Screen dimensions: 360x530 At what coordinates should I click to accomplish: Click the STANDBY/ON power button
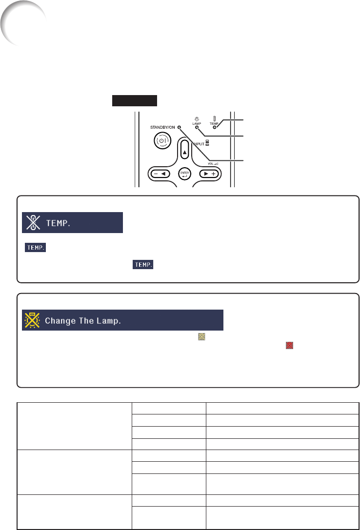(x=162, y=140)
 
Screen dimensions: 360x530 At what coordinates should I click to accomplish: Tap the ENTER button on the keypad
(x=184, y=174)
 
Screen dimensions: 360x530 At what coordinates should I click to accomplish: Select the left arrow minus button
(x=160, y=174)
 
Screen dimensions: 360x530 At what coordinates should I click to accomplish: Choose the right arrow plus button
(x=209, y=174)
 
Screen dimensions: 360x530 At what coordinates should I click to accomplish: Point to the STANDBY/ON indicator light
(x=179, y=127)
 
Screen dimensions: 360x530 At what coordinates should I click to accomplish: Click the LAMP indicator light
(x=197, y=127)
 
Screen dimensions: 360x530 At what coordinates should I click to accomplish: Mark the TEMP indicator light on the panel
(x=214, y=127)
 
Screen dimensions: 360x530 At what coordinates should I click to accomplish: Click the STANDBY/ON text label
(x=162, y=127)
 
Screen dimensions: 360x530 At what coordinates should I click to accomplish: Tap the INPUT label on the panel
(x=199, y=144)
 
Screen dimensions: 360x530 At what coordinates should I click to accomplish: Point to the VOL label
(x=211, y=164)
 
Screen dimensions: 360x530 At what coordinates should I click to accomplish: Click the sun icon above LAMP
(x=197, y=119)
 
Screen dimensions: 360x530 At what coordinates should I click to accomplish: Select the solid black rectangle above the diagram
(x=135, y=101)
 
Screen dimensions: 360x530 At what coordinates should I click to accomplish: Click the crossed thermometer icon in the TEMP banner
(x=33, y=222)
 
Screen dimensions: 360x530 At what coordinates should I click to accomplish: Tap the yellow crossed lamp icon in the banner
(x=32, y=320)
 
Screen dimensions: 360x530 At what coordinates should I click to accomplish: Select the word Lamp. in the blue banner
(x=108, y=321)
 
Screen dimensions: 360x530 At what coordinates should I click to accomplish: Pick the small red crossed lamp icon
(x=289, y=345)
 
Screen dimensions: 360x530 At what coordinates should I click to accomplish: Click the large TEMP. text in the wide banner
(x=58, y=223)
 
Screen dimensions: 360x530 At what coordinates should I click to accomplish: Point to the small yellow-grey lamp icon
(x=202, y=336)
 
